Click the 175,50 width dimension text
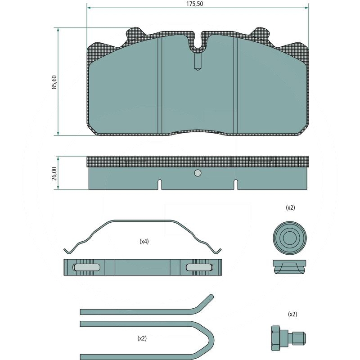coord(194,4)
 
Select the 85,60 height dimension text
coord(54,82)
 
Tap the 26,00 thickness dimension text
coord(54,174)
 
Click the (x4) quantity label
coord(144,241)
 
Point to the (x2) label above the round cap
coord(290,207)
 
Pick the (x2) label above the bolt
coord(292,314)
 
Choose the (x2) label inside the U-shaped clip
coord(142,338)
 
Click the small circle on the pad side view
coord(198,173)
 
